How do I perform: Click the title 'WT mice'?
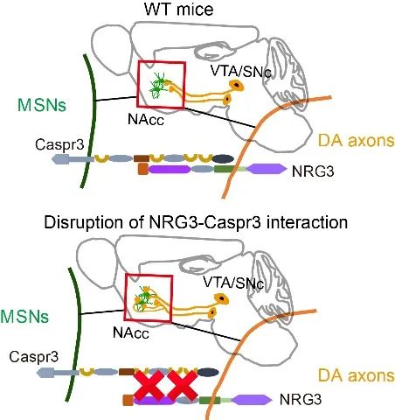tap(178, 10)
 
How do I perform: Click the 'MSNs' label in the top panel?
tap(42, 105)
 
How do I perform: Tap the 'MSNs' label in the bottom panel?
tap(24, 317)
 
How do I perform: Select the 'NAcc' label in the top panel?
tap(146, 120)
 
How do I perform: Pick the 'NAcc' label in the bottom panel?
tap(131, 332)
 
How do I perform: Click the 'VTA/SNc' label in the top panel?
tap(240, 72)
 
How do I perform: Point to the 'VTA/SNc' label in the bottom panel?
tap(233, 283)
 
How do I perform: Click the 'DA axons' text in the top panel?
tap(357, 141)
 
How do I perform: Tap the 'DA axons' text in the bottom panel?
tap(357, 375)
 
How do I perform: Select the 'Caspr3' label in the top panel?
tap(59, 145)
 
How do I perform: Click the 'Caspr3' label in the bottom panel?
tap(34, 356)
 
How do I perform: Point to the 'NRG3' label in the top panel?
tap(313, 171)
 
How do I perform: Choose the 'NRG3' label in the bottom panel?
tap(301, 399)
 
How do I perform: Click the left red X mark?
tap(149, 386)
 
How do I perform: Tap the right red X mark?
tap(183, 386)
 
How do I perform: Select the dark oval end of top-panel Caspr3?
tap(223, 158)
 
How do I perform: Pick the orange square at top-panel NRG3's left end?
tap(142, 169)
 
